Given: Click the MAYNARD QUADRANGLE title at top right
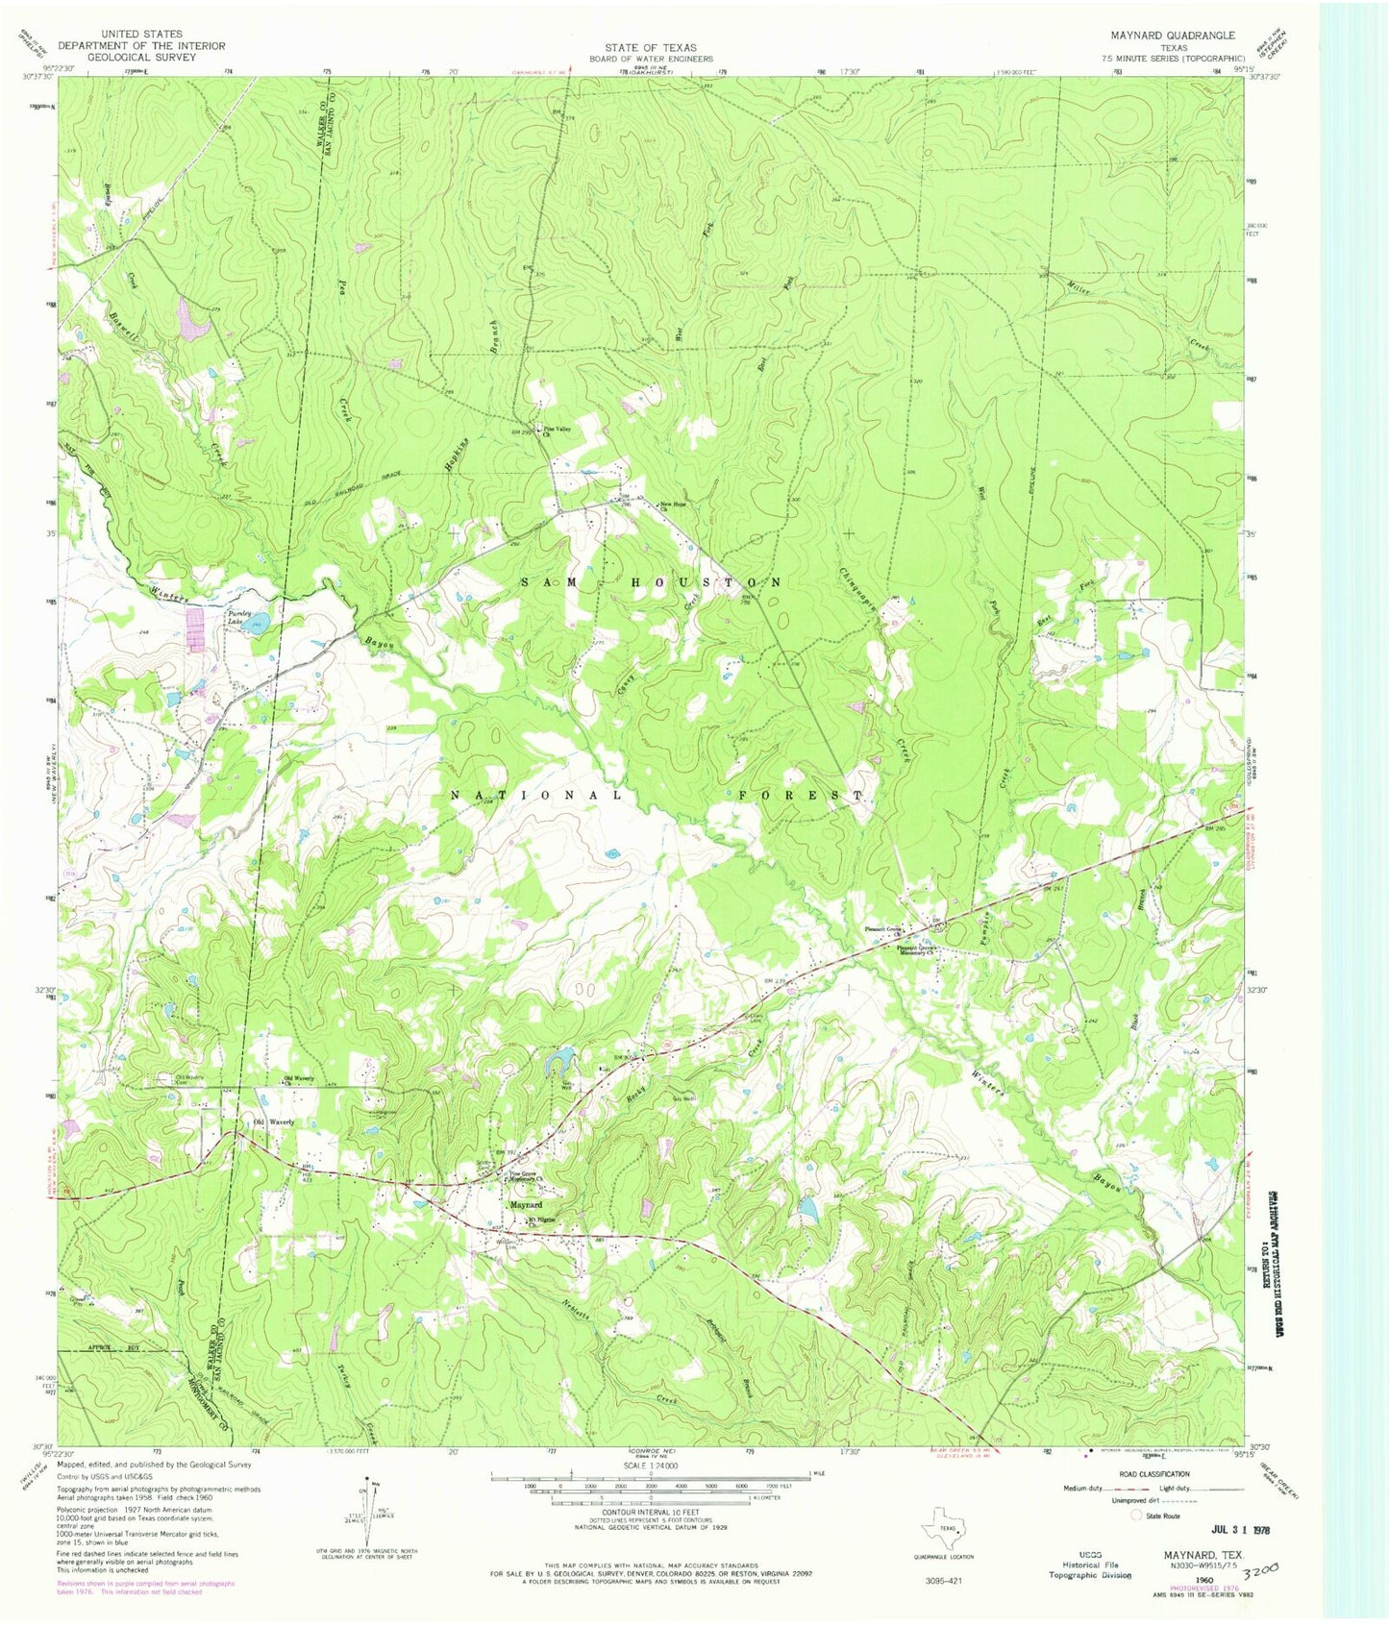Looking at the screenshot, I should click(x=1173, y=36).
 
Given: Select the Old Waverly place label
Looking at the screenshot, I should click(x=272, y=1121).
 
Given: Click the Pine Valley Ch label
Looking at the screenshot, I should click(x=561, y=432).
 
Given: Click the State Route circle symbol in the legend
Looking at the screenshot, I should click(x=1136, y=1515).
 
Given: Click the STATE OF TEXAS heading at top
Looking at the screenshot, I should click(x=651, y=47).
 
